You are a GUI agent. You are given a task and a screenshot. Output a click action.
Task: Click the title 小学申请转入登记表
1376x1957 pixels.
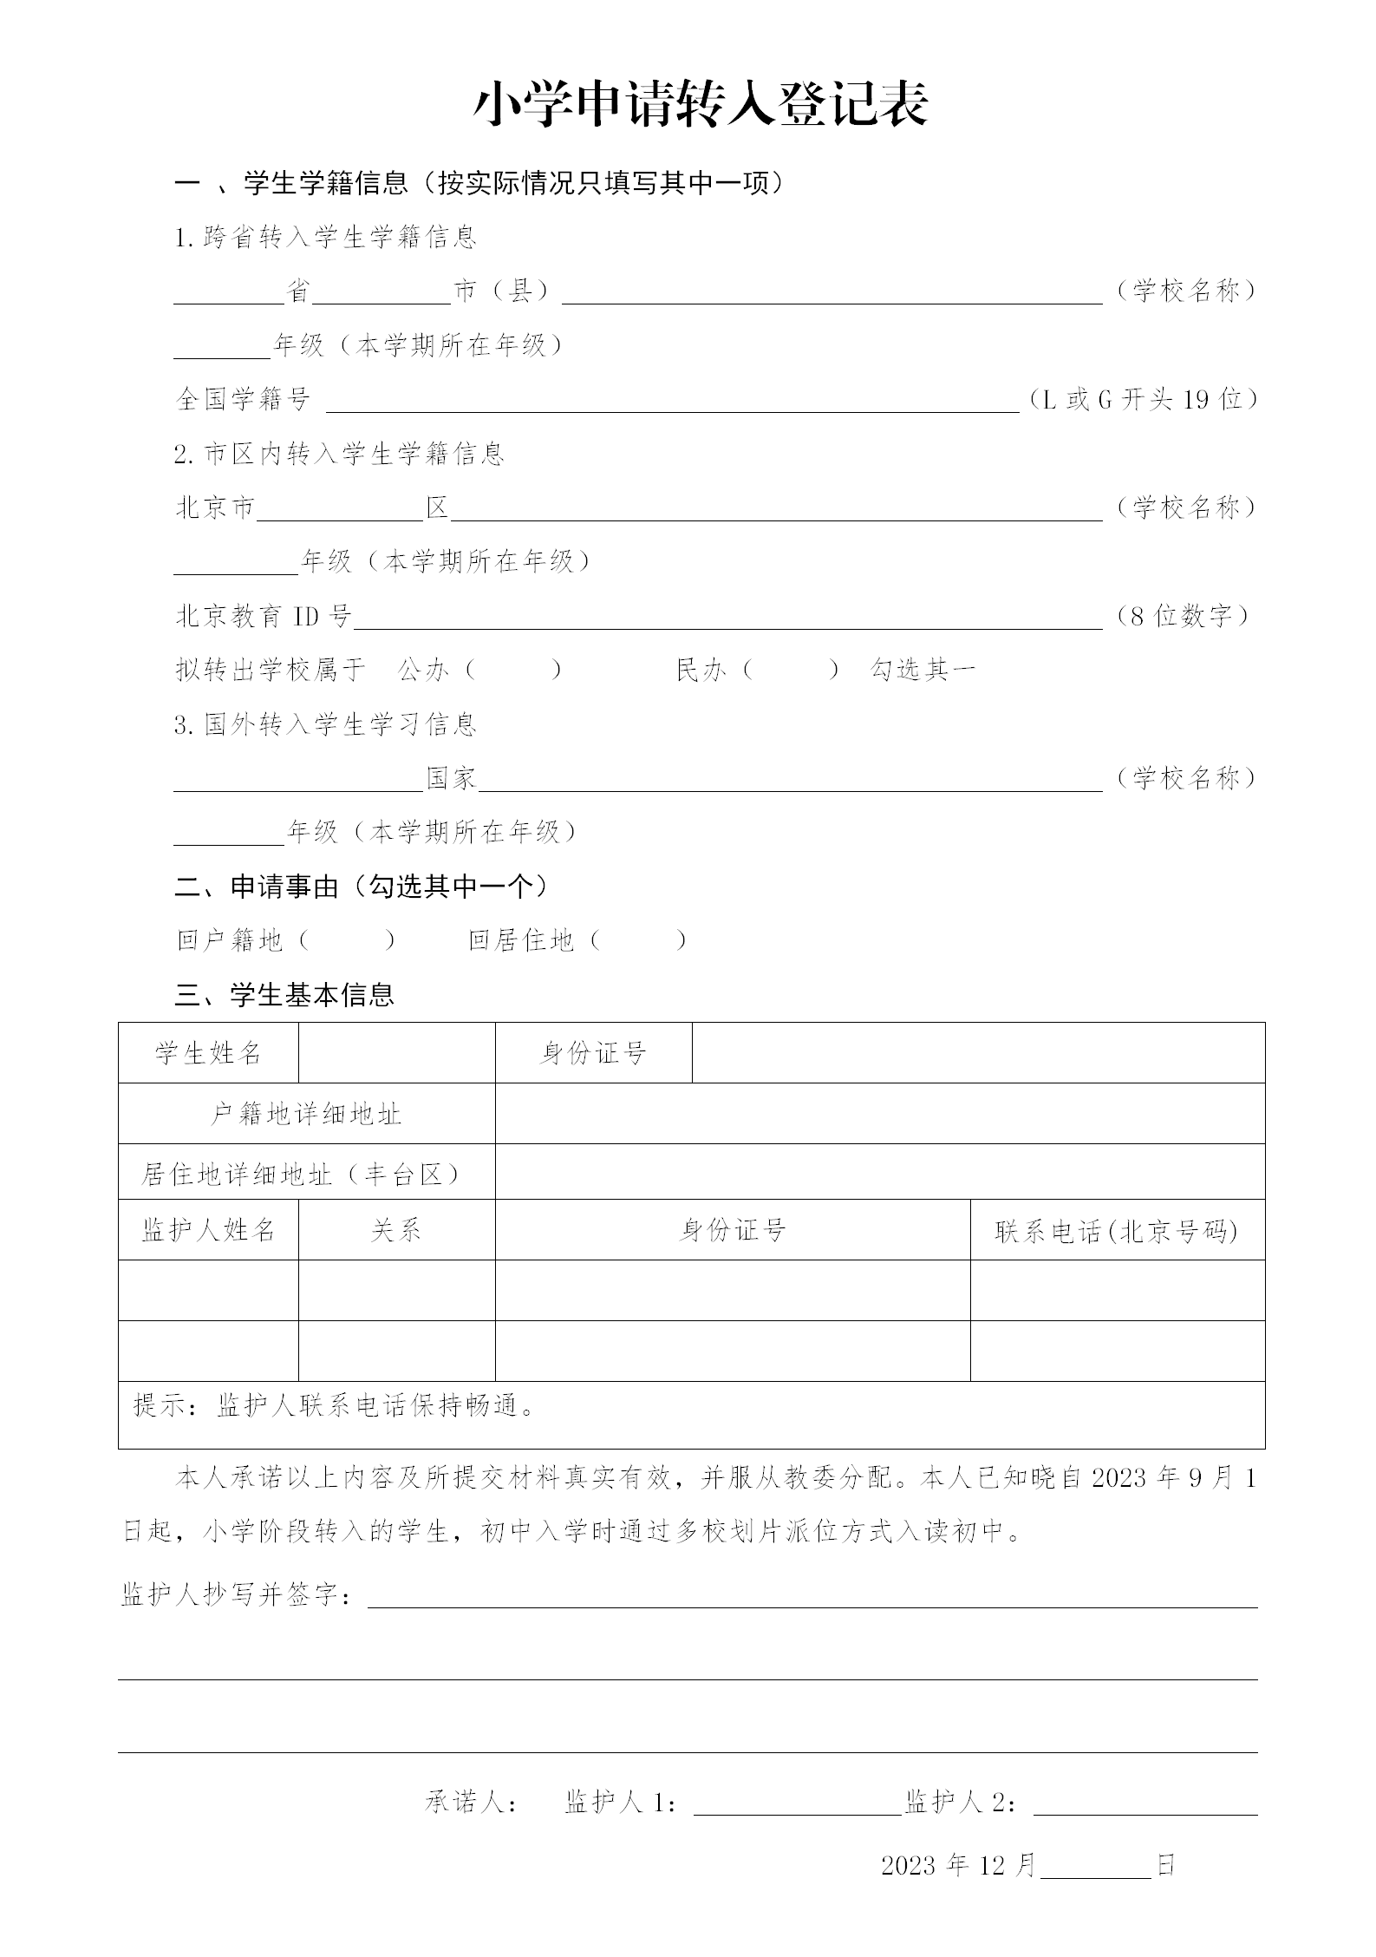pyautogui.click(x=701, y=106)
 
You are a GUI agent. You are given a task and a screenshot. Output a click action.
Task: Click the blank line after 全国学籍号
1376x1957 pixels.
pyautogui.click(x=672, y=401)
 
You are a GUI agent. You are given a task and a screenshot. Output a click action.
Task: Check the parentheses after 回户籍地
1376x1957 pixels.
pyautogui.click(x=347, y=940)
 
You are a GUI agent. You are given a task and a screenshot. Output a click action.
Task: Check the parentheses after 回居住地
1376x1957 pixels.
pyautogui.click(x=638, y=940)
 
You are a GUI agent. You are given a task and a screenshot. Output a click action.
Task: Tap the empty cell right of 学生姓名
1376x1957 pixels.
pyautogui.click(x=396, y=1053)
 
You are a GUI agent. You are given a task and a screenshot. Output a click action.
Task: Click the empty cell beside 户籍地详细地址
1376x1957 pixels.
pyautogui.click(x=879, y=1114)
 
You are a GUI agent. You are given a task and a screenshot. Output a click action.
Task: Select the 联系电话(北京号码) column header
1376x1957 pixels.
pyautogui.click(x=1117, y=1231)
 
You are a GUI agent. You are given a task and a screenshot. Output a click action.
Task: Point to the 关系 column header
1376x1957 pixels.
pyautogui.click(x=396, y=1231)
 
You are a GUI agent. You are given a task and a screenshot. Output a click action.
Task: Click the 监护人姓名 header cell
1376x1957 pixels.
pyautogui.click(x=208, y=1231)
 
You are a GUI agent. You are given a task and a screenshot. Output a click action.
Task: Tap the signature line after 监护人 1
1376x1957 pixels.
pyautogui.click(x=798, y=1804)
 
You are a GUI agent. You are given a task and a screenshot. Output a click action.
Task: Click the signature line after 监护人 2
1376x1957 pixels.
pyautogui.click(x=1144, y=1804)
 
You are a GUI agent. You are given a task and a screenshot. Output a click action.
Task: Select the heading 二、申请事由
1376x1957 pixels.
pyautogui.click(x=362, y=887)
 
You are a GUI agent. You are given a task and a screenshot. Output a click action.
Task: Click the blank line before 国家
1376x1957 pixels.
pyautogui.click(x=298, y=779)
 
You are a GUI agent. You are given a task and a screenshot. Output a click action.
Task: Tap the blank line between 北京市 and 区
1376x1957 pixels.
pyautogui.click(x=340, y=508)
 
